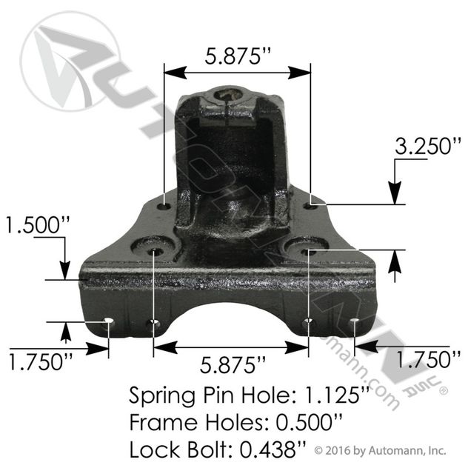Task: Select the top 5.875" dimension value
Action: pos(235,55)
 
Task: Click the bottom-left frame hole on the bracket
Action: pos(109,322)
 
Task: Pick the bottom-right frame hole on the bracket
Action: pos(354,322)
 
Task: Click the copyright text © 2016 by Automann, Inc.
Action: pos(380,449)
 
